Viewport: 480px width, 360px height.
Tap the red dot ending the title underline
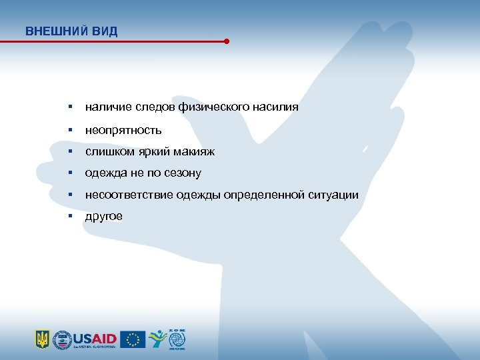[227, 41]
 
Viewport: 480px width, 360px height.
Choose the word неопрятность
[123, 129]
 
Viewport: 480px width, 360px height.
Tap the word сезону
[183, 173]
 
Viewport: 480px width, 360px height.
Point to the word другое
[103, 217]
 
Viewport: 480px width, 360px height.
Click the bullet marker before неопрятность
[69, 129]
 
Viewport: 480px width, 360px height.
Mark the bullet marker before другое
[69, 217]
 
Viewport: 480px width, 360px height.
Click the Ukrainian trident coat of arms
[42, 339]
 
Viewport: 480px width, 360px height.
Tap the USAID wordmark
[96, 338]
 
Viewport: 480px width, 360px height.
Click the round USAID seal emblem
[62, 339]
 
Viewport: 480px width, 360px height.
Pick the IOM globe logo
[177, 339]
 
